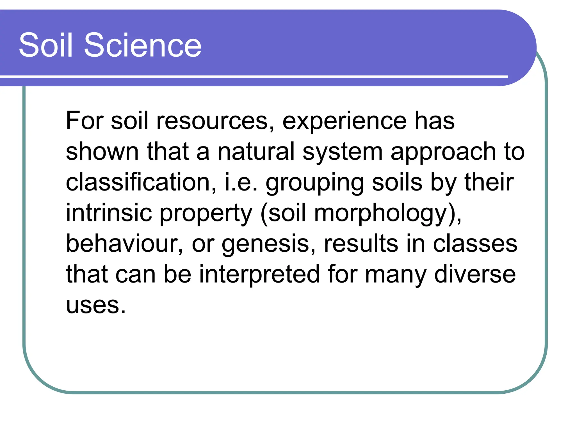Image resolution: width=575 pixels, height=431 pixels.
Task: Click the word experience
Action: coord(344,121)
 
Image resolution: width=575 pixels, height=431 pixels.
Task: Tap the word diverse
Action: coord(475,274)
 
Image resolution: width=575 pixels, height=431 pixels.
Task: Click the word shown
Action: coord(102,152)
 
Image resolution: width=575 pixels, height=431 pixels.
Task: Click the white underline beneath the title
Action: coord(253,76)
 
